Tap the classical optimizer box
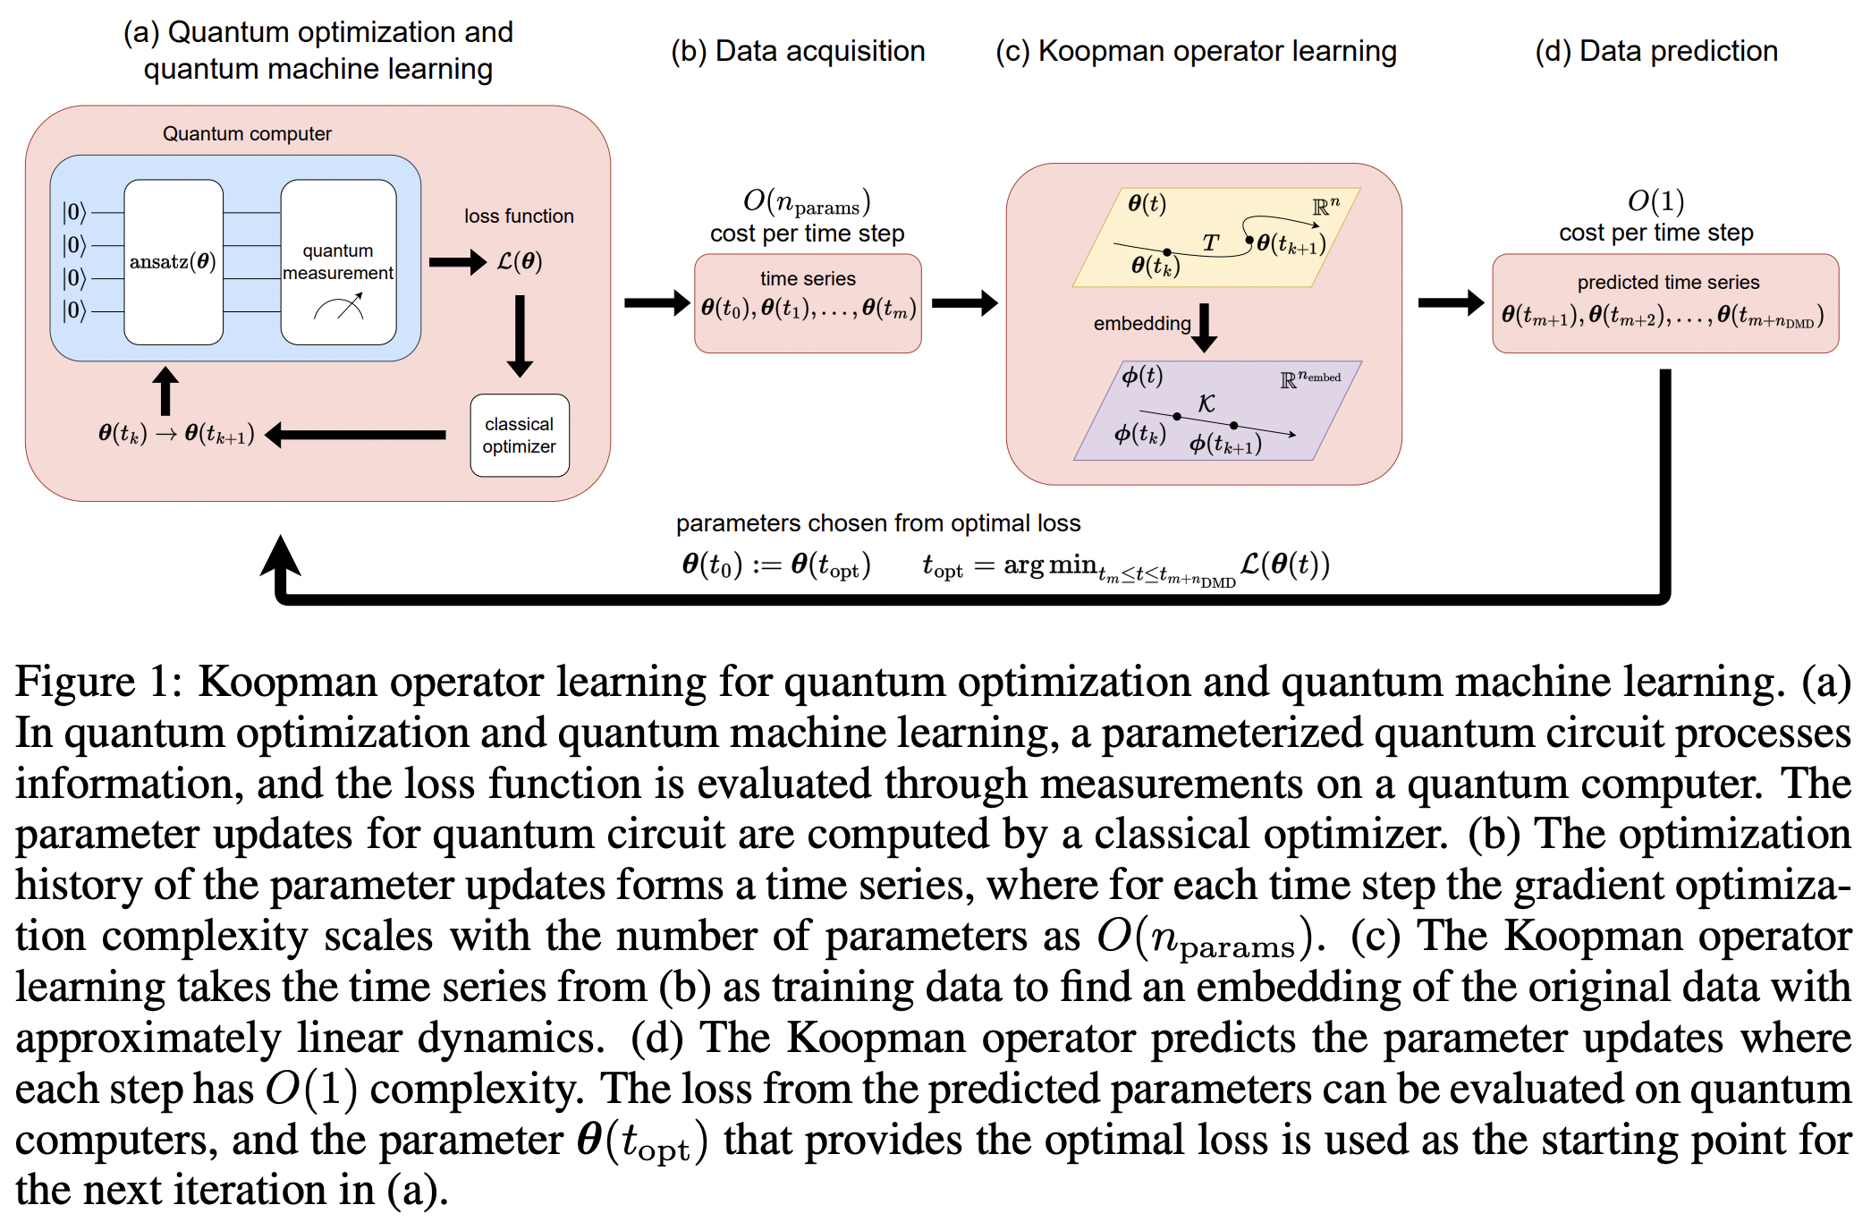click(x=520, y=436)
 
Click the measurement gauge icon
click(x=339, y=310)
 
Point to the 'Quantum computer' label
click(x=247, y=134)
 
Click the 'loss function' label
click(x=519, y=216)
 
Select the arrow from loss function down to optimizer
click(x=520, y=335)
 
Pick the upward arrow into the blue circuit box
click(x=165, y=390)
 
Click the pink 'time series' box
click(x=808, y=303)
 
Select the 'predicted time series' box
click(x=1665, y=303)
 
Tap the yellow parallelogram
click(x=1216, y=237)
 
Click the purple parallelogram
click(x=1216, y=411)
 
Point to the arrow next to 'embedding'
click(x=1205, y=327)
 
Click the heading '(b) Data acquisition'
click(x=798, y=52)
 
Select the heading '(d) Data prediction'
click(x=1656, y=52)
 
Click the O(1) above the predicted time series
click(x=1655, y=201)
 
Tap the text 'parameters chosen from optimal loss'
click(x=877, y=523)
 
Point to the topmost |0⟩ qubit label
click(x=74, y=212)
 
